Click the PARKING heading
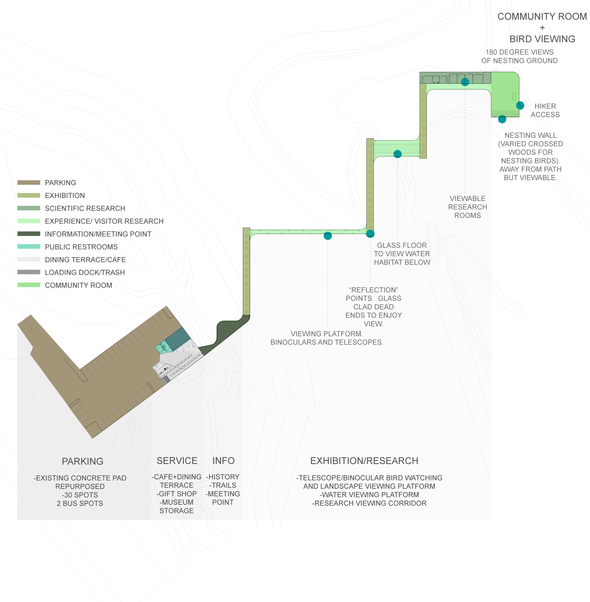82,461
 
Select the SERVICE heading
177,461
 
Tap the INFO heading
224,461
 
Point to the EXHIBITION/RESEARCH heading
364,461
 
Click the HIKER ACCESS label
545,111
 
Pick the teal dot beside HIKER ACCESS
520,105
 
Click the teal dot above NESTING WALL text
502,119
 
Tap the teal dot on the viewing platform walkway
328,236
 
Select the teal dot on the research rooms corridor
465,82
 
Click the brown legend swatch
29,183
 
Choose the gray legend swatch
29,272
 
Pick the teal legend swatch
29,247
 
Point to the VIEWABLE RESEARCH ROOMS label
468,207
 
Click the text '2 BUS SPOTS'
80,503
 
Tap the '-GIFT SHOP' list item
177,494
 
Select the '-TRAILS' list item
223,485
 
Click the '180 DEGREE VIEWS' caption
519,52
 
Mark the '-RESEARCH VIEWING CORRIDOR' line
369,503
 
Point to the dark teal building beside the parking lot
178,338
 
